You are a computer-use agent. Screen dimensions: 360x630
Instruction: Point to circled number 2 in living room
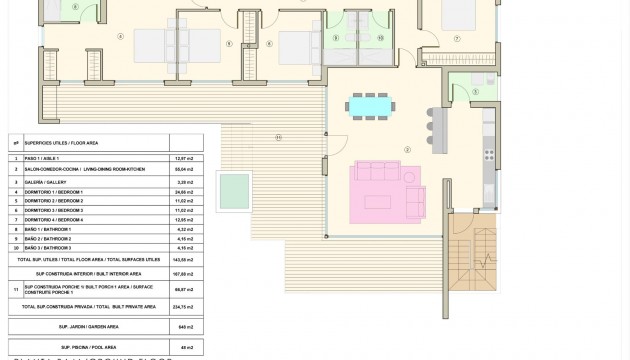pos(407,150)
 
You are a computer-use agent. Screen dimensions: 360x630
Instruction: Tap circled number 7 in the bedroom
pos(456,38)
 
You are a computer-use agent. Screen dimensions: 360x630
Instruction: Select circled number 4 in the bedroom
pos(120,37)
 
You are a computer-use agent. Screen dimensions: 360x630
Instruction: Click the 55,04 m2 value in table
pos(182,171)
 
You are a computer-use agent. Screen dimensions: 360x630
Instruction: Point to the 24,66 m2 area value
pos(182,192)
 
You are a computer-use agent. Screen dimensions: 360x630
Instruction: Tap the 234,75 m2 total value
pos(182,306)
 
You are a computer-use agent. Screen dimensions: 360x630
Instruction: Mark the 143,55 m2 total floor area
pos(182,259)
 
